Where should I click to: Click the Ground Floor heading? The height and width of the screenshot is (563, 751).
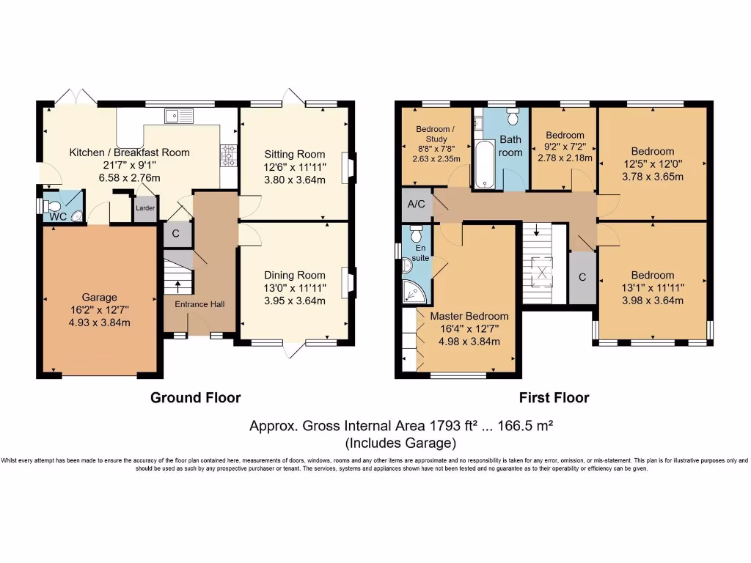click(195, 398)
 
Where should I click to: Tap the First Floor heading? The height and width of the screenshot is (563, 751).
click(554, 398)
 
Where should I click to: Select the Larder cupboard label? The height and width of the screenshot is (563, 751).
click(144, 208)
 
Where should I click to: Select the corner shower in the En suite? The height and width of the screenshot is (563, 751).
click(414, 292)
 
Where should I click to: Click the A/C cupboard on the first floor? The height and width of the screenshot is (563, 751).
click(417, 205)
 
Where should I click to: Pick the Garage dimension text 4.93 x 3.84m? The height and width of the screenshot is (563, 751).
click(99, 321)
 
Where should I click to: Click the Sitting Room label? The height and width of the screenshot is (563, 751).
click(296, 154)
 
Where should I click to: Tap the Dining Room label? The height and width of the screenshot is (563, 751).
click(294, 275)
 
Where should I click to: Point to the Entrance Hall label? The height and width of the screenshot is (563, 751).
click(199, 304)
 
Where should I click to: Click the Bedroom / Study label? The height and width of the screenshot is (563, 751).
click(436, 134)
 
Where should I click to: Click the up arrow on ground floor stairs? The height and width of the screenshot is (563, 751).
click(177, 281)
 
